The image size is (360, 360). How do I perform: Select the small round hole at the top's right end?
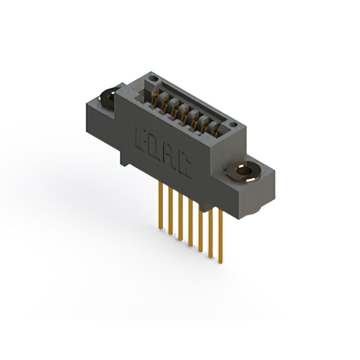[x=231, y=123]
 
